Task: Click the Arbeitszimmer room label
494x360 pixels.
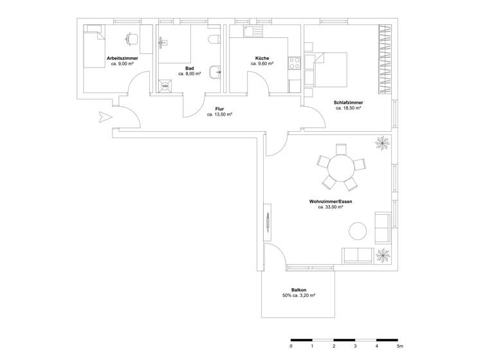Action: point(122,59)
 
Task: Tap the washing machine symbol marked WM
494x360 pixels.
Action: point(165,85)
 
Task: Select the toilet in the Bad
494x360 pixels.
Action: point(214,40)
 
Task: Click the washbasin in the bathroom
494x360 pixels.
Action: point(215,71)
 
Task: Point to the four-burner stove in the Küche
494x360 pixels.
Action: point(295,64)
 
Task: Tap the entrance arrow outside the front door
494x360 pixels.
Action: point(104,117)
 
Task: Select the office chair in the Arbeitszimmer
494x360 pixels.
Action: point(132,39)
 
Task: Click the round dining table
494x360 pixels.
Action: point(341,168)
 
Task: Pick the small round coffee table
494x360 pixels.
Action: point(357,230)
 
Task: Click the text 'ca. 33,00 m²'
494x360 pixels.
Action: point(331,207)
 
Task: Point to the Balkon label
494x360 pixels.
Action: point(298,290)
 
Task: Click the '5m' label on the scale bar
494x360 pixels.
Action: point(399,346)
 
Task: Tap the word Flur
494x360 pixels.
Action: point(219,109)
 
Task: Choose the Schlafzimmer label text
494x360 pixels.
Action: point(348,103)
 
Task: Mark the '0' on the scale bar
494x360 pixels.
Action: point(291,346)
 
